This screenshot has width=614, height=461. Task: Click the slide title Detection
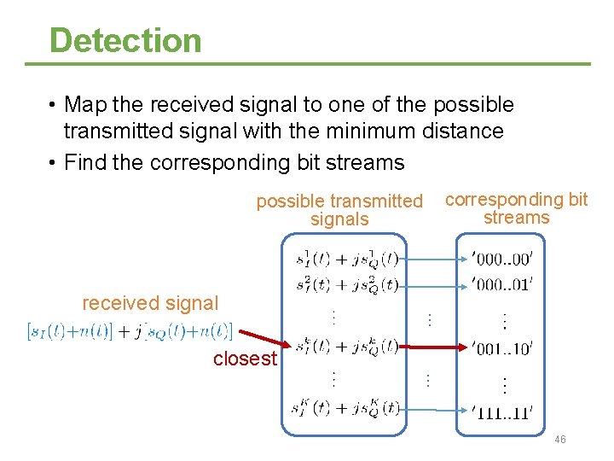pyautogui.click(x=125, y=40)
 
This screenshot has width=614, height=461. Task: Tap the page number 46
pyautogui.click(x=560, y=440)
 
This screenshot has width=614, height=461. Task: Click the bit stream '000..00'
pyautogui.click(x=502, y=257)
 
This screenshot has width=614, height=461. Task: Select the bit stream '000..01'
pyautogui.click(x=502, y=284)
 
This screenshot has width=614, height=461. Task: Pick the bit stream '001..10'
pyautogui.click(x=502, y=347)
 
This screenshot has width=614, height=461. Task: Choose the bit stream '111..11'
pyautogui.click(x=502, y=411)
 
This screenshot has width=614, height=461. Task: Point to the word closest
pyautogui.click(x=245, y=359)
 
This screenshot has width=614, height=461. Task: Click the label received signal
pyautogui.click(x=150, y=303)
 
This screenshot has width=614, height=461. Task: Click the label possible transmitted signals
pyautogui.click(x=339, y=210)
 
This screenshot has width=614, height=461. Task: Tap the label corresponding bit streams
pyautogui.click(x=517, y=208)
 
